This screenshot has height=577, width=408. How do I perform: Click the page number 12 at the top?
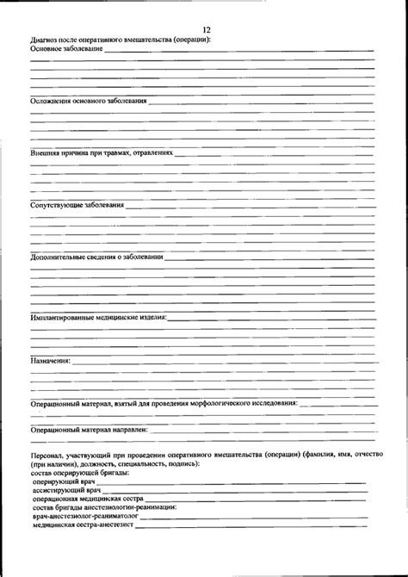tap(207, 29)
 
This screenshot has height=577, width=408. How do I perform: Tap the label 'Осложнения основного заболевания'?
tap(88, 101)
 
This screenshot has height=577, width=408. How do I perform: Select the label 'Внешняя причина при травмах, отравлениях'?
tap(102, 153)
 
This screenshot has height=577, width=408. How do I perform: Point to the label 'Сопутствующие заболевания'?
tap(77, 206)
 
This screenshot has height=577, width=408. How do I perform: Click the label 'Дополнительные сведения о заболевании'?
tap(96, 257)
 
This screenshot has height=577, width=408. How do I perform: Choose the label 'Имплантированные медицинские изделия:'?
tap(99, 317)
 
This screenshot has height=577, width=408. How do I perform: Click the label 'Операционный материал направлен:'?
tap(90, 429)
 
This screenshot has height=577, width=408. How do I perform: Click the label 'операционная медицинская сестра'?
tap(88, 499)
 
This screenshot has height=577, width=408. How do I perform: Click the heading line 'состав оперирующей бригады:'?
tap(79, 474)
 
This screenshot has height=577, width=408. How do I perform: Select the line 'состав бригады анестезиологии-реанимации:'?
tap(103, 507)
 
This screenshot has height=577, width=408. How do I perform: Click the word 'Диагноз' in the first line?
tap(45, 40)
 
